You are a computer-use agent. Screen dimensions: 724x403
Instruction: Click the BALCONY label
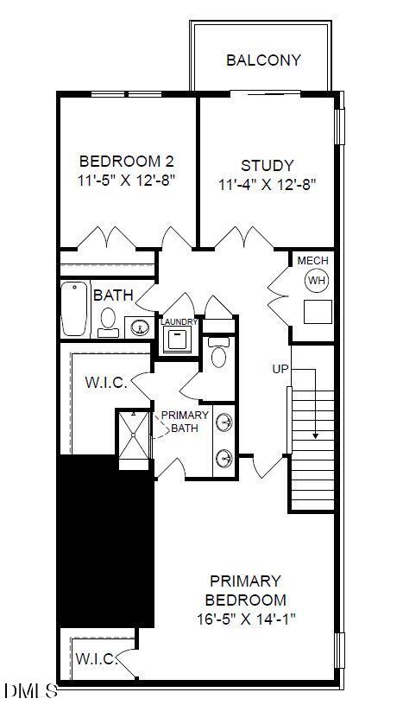pos(263,60)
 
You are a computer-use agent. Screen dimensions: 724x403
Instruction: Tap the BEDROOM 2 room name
pos(126,162)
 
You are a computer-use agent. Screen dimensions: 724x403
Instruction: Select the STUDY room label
pos(267,165)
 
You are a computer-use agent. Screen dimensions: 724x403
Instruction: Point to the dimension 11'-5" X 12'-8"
pos(127,183)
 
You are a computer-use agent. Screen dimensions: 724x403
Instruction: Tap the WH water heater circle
pos(316,281)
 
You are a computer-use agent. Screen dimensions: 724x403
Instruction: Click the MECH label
pos(312,261)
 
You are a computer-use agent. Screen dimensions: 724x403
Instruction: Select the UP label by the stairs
pos(280,369)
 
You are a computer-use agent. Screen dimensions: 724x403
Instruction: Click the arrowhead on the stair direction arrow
pos(315,435)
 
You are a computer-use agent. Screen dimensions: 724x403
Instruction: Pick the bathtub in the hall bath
pos(75,309)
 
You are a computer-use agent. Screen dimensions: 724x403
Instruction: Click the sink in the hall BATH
pos(138,327)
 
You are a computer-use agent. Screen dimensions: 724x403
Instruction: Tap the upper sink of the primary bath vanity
pos(224,422)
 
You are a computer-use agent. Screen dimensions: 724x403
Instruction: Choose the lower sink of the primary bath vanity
pos(224,457)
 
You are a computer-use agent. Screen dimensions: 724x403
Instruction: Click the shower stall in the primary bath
pos(134,440)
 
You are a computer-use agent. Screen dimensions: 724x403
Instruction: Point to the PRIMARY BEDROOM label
pos(245,590)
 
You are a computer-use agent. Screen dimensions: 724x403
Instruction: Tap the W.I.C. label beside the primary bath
pos(106,383)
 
